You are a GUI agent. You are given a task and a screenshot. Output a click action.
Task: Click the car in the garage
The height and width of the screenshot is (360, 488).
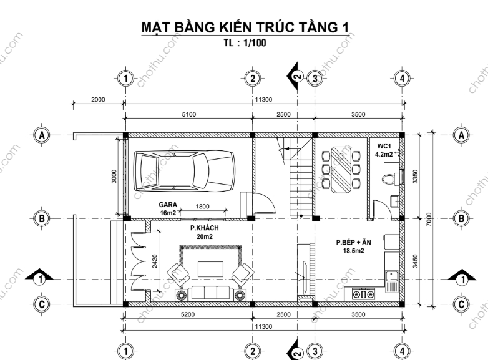click(184, 171)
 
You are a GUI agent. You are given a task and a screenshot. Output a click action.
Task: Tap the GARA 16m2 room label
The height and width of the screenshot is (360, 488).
click(168, 208)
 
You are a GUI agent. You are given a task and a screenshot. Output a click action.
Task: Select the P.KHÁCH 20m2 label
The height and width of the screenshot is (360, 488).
click(205, 232)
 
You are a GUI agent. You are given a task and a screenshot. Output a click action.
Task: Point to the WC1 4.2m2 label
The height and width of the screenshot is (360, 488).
click(384, 150)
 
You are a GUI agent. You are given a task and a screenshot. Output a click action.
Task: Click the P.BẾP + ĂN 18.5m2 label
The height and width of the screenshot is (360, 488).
click(354, 246)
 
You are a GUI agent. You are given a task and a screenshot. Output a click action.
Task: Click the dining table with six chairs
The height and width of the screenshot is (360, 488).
click(341, 170)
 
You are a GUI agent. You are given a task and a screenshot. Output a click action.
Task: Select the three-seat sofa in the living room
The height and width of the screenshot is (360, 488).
click(210, 294)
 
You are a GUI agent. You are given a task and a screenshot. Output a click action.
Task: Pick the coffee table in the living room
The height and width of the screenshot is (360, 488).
click(210, 269)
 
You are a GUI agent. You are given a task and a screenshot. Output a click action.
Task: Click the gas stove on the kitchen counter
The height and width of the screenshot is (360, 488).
click(363, 294)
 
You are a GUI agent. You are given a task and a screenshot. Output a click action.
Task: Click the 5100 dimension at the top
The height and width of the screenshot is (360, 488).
click(189, 115)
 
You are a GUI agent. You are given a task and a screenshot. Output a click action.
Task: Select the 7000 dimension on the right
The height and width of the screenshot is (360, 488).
click(429, 219)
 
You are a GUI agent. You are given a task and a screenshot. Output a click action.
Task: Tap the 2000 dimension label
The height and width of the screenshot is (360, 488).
click(98, 100)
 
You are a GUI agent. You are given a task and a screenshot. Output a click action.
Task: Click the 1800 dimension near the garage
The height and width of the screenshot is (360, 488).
click(202, 207)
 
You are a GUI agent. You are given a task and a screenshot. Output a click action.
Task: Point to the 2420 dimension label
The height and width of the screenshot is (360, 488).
click(155, 261)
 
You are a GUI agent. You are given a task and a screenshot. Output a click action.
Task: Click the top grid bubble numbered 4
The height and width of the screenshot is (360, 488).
click(402, 79)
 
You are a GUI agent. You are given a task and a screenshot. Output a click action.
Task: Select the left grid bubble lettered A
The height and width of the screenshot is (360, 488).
click(41, 135)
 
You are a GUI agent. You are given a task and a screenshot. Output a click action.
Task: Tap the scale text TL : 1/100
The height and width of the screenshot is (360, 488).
click(245, 42)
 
